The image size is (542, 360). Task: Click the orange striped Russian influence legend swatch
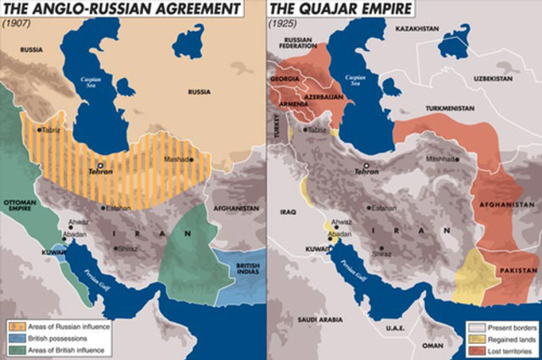(14, 326)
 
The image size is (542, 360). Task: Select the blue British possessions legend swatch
(14, 337)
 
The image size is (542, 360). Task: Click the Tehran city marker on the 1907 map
(100, 166)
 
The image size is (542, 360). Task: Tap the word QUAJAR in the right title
(339, 8)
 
